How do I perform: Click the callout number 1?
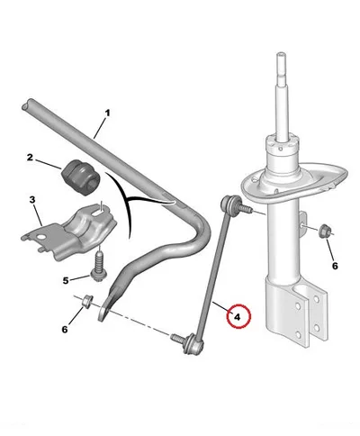tap(107, 114)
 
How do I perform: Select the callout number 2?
tap(30, 158)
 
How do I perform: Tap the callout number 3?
tap(32, 199)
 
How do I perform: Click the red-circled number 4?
tap(238, 317)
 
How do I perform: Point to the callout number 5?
tap(66, 280)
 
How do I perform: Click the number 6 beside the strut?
tap(335, 266)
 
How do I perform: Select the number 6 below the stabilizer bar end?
tap(65, 330)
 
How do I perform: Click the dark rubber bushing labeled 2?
tap(81, 178)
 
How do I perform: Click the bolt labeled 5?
tap(98, 268)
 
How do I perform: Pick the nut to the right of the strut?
tap(325, 232)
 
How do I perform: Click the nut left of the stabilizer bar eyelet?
tap(87, 302)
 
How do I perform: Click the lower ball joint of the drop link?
tap(193, 344)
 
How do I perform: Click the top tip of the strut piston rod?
tap(281, 55)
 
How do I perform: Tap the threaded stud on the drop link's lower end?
tap(177, 338)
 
